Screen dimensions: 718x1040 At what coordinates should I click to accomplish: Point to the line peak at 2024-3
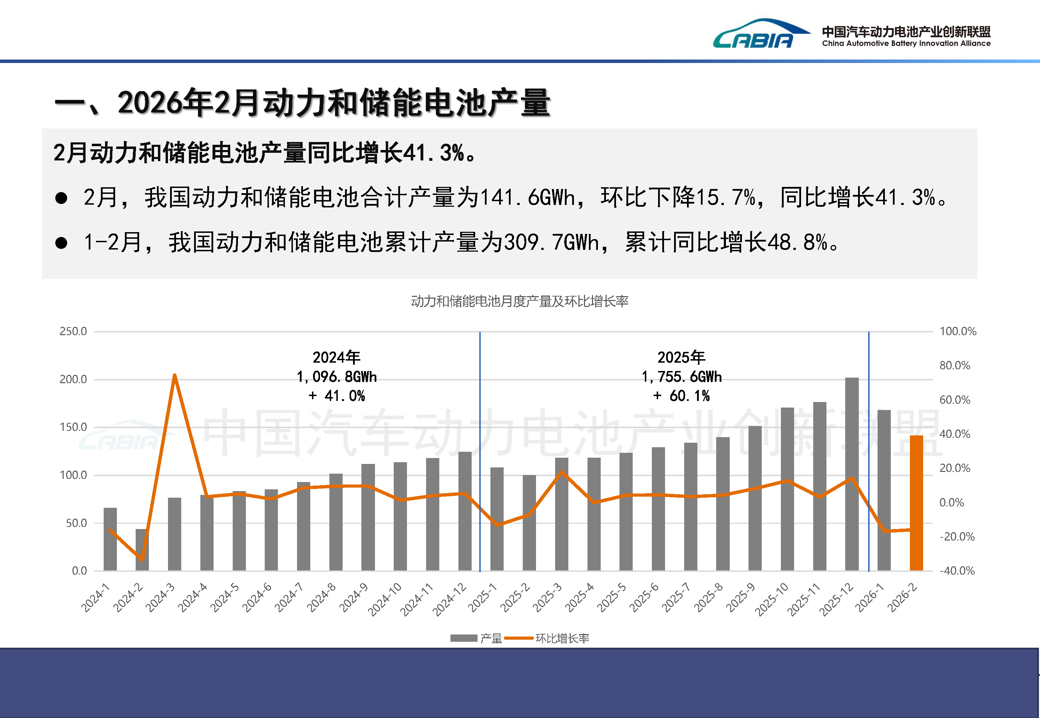tap(175, 375)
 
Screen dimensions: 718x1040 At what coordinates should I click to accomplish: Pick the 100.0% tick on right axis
tap(958, 332)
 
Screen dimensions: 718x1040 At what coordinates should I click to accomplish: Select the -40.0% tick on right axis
tap(957, 571)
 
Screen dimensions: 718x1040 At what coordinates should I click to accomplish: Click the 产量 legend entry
tap(477, 638)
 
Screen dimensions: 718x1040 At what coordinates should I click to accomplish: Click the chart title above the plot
tap(519, 301)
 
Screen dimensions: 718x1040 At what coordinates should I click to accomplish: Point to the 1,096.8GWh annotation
tap(336, 377)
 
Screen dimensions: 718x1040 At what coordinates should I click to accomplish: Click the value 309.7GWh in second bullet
tap(551, 243)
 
